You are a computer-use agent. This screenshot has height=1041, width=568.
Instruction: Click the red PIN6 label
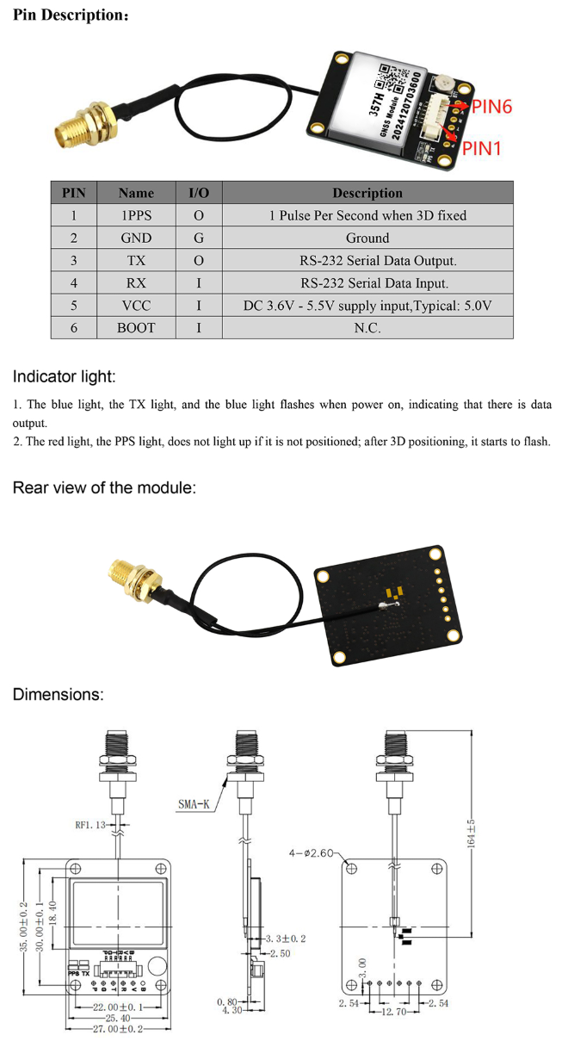(x=491, y=107)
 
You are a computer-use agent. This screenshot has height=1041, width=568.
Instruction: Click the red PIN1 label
(x=483, y=148)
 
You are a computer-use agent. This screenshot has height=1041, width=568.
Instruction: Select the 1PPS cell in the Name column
(x=136, y=215)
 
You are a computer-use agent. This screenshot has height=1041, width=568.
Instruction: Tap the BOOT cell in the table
(x=136, y=327)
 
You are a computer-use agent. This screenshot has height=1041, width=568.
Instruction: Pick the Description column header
(x=367, y=193)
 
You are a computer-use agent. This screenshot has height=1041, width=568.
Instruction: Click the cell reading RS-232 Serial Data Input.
(x=367, y=282)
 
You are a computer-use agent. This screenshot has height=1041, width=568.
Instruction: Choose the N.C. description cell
(x=367, y=327)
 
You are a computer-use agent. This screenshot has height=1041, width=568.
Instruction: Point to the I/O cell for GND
(x=198, y=238)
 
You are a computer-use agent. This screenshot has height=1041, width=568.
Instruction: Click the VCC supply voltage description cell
(x=367, y=305)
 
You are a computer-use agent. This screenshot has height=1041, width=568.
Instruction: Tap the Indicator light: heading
(x=64, y=376)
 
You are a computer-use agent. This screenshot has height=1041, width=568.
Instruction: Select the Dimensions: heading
(x=58, y=694)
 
